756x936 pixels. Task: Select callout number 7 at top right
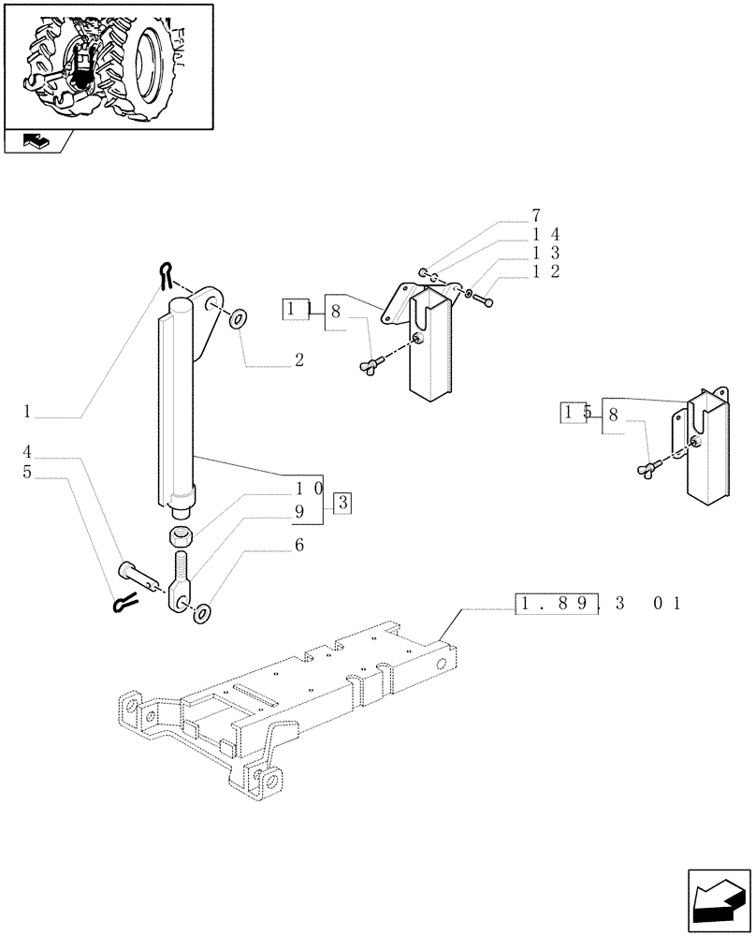536,215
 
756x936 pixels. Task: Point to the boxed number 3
342,503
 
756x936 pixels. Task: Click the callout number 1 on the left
28,411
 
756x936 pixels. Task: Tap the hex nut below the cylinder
181,536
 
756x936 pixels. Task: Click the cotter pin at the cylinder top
166,273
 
